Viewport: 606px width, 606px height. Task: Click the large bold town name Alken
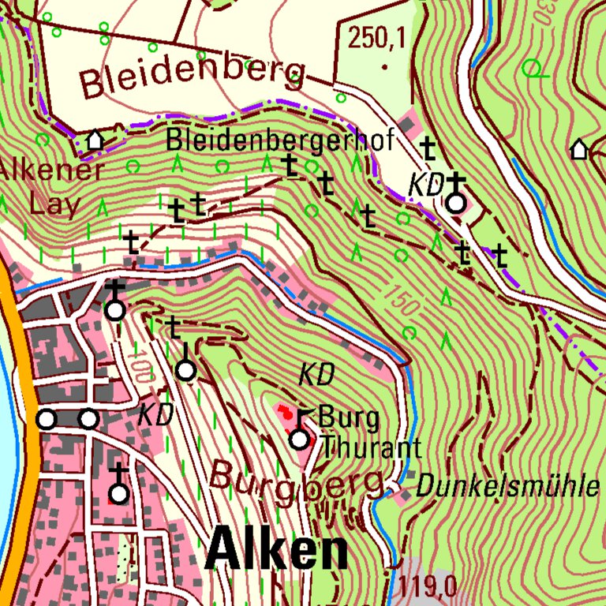[x=277, y=551]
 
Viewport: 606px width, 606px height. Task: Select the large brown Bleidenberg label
[x=193, y=76]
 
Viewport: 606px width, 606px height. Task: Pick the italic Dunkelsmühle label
[x=507, y=486]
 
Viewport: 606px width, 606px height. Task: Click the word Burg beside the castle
[x=348, y=417]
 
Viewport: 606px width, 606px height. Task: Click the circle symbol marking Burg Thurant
[x=298, y=440]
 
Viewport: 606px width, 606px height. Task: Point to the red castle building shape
[x=282, y=413]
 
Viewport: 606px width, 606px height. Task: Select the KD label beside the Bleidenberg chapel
[x=425, y=185]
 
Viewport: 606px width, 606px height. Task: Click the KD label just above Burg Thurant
[x=316, y=375]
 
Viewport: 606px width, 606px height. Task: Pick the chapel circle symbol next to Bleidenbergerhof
[x=456, y=204]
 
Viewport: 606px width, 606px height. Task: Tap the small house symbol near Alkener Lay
[x=95, y=140]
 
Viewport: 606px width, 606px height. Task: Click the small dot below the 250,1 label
[x=384, y=67]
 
